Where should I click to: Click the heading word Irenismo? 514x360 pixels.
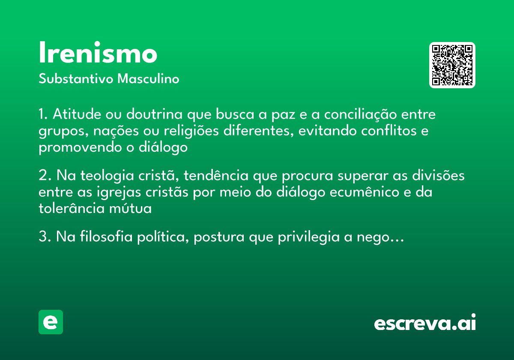[x=98, y=54]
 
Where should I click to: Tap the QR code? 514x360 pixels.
[x=452, y=65]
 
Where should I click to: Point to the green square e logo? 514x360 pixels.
[x=51, y=322]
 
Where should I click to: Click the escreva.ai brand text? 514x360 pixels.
[x=425, y=323]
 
